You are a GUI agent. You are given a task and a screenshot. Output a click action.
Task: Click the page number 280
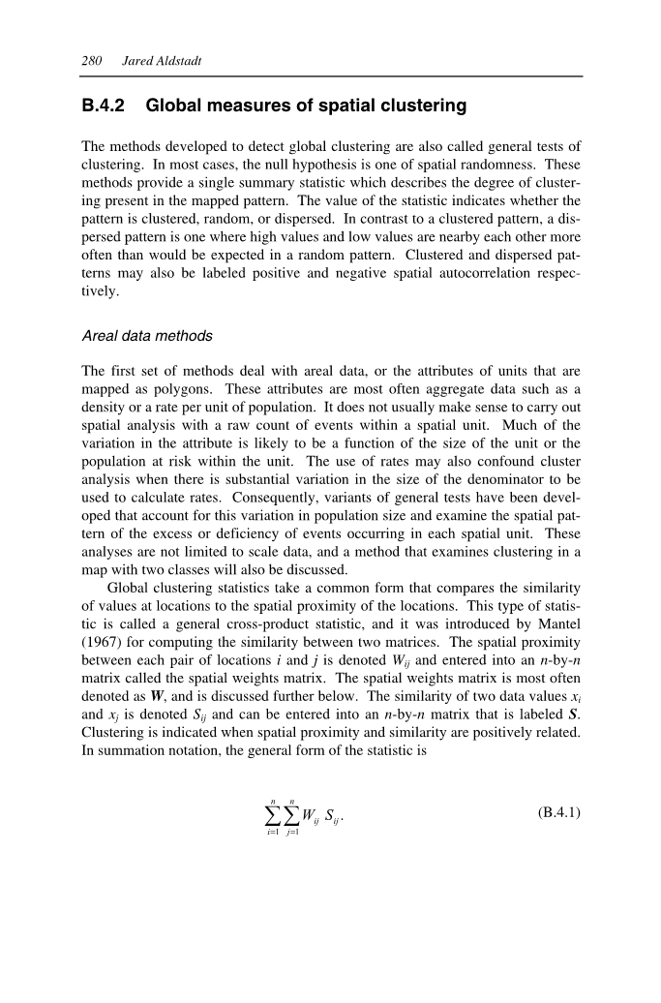[93, 61]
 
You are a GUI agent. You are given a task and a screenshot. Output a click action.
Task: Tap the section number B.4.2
[105, 106]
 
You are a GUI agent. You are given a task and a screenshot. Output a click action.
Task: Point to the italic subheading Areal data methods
[147, 336]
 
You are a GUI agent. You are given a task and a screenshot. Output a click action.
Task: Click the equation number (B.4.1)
[557, 811]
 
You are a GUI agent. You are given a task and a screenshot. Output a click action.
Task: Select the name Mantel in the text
[557, 625]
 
